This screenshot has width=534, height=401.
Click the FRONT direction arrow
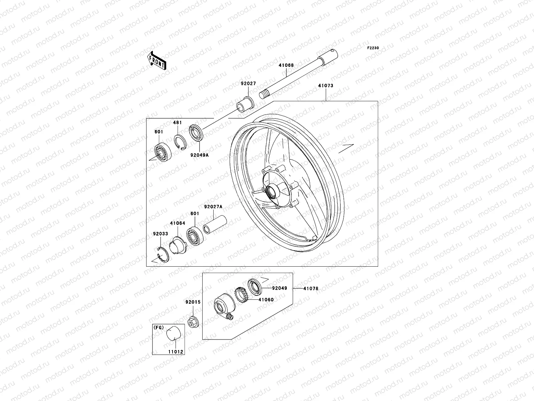162,60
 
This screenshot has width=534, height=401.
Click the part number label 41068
286,65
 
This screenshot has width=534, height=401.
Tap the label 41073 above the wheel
325,86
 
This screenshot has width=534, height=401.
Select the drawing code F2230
373,48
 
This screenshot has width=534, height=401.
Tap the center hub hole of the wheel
271,192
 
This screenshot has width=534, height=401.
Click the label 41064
178,223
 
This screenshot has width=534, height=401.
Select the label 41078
311,288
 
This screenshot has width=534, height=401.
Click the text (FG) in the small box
159,327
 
